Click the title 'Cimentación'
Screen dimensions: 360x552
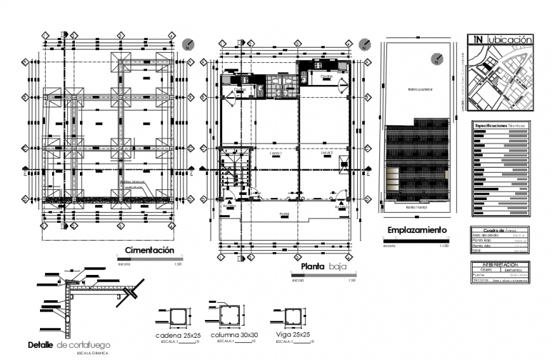coord(149,250)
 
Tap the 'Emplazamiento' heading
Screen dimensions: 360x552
coord(417,230)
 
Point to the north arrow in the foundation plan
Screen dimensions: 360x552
coord(188,44)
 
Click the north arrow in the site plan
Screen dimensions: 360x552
coord(436,60)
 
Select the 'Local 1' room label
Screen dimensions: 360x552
coord(275,154)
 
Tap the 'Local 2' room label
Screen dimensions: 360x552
coord(326,154)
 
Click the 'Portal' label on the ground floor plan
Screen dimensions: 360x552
coord(284,214)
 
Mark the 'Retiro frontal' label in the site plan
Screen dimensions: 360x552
coord(416,206)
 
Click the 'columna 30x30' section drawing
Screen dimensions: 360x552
coord(228,316)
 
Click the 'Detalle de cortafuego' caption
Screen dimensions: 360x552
coord(69,345)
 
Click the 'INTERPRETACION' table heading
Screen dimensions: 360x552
coord(499,263)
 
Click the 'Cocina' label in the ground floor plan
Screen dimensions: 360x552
coord(326,76)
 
